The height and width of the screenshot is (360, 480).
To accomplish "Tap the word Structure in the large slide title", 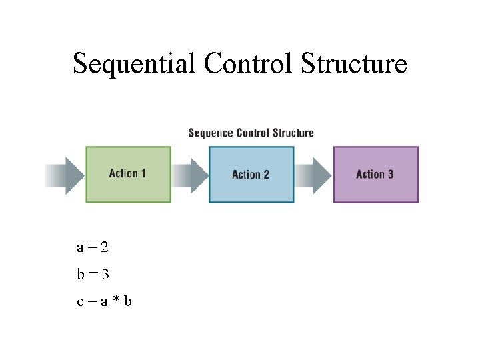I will coord(354,64).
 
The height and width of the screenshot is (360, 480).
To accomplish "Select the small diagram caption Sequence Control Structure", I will coord(251,133).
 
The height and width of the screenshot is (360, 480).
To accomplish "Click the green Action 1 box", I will coord(128,174).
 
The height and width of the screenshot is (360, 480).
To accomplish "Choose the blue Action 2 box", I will coord(251,175).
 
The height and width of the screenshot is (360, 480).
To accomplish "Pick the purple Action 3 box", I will coord(375,174).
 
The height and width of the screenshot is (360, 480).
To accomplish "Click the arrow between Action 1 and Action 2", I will coord(190,175).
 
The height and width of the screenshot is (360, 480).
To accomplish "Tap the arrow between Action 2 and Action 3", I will coord(313,175).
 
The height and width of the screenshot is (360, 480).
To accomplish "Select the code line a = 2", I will coord(93,248).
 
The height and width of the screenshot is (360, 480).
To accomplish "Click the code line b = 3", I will coord(93,274).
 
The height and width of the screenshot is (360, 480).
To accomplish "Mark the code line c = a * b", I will coord(104,301).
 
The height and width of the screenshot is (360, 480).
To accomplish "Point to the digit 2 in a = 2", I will coord(105,248).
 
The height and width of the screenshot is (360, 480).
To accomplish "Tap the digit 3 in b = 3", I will coord(105,274).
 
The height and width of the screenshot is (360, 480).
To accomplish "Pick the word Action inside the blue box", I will coord(245,175).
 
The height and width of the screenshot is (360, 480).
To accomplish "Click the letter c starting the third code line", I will coord(80,302).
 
